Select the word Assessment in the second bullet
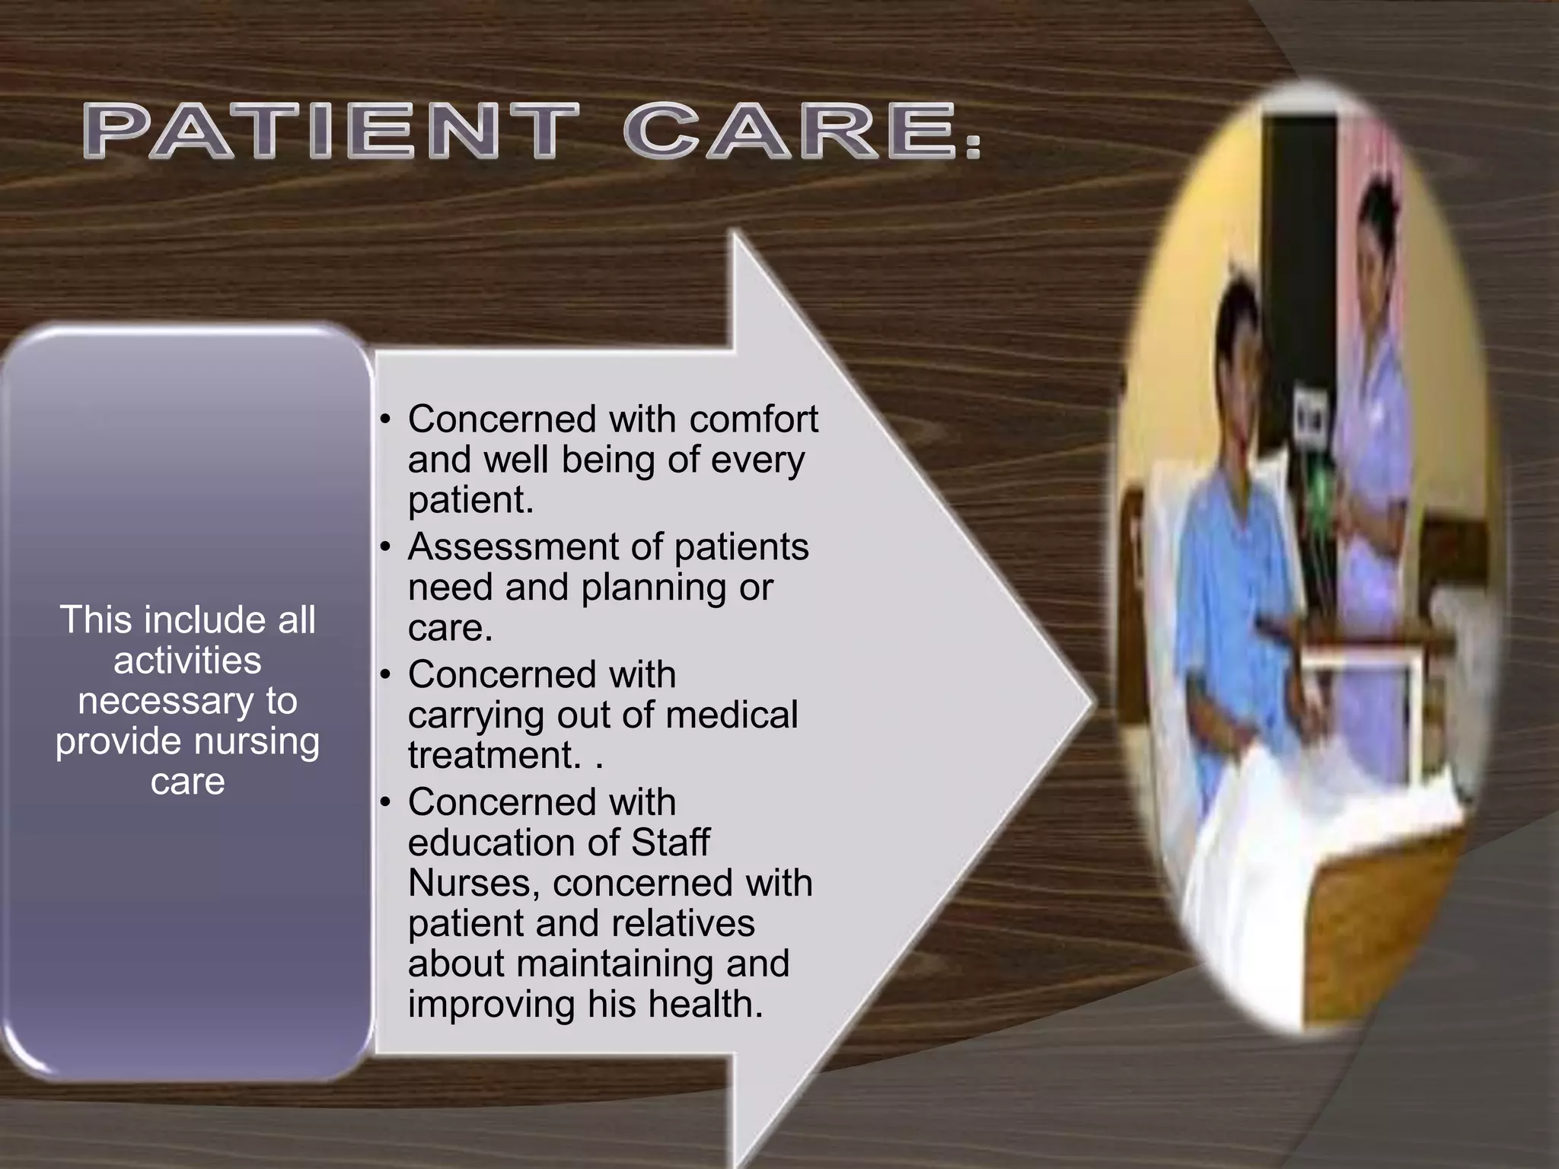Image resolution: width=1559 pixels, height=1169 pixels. pos(535,546)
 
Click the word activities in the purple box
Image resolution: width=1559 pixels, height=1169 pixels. pos(187,660)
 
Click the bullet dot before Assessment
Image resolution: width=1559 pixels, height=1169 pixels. pos(386,547)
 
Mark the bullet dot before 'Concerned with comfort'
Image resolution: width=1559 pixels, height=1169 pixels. pos(386,419)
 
